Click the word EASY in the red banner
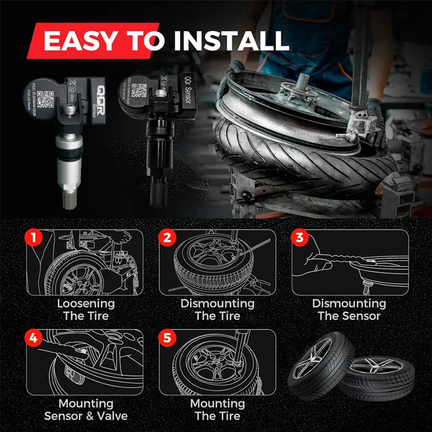(82, 42)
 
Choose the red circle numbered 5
(168, 338)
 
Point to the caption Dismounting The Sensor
(349, 309)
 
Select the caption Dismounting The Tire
(217, 309)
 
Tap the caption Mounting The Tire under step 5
(217, 409)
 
